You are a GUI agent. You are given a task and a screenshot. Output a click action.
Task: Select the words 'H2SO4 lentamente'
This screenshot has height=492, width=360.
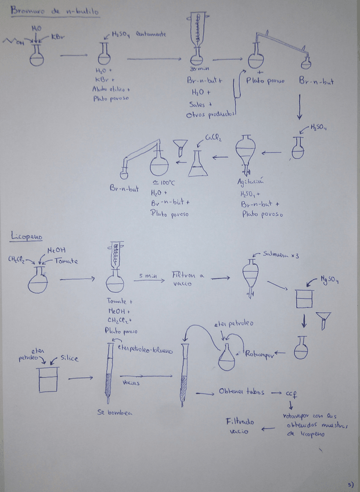(x=138, y=34)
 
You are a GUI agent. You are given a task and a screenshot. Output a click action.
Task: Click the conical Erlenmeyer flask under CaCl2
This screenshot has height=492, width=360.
(x=199, y=164)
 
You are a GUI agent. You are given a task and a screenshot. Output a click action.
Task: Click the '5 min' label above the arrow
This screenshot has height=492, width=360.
(x=147, y=276)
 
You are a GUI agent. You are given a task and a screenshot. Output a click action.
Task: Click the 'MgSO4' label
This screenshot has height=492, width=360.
(x=330, y=282)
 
